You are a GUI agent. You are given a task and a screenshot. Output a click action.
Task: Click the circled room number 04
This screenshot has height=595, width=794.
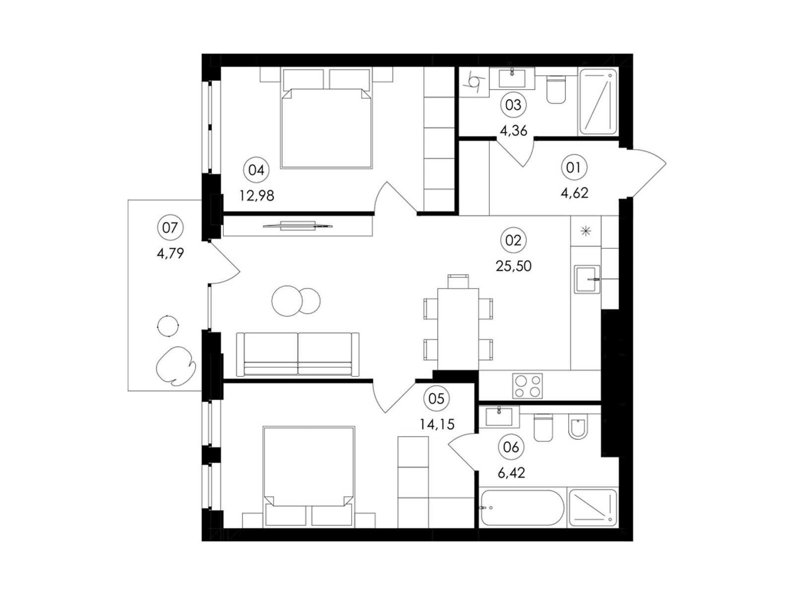[257, 170]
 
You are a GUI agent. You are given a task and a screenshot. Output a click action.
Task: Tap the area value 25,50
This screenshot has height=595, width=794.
[513, 266]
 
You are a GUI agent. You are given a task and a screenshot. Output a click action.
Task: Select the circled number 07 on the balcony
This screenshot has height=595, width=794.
[170, 228]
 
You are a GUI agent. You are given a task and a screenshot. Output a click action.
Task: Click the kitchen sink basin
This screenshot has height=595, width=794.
[587, 279]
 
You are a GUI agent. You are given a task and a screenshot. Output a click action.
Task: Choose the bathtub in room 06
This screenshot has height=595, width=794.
[522, 508]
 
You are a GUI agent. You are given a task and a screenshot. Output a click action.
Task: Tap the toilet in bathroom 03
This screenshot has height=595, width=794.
[556, 89]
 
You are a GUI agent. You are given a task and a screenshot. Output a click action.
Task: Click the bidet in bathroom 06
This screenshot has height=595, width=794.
[578, 426]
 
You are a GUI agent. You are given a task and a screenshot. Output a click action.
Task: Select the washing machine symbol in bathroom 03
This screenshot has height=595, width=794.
[474, 82]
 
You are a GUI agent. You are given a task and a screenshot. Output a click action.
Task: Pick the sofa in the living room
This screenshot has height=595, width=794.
[298, 354]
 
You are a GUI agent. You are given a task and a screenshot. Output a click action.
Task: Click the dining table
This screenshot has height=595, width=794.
[458, 329]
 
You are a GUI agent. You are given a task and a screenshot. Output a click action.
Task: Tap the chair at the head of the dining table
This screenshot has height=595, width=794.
[458, 281]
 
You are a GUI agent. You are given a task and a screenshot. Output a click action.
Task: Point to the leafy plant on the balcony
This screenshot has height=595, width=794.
[176, 365]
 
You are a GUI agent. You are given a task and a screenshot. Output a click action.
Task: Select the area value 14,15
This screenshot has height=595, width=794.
[437, 424]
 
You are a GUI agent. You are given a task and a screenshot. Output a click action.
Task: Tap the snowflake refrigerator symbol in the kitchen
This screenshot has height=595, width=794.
[585, 231]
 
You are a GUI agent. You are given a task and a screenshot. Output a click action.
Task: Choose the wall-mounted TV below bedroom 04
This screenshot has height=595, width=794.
[298, 226]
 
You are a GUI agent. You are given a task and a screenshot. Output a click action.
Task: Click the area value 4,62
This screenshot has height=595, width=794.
[575, 193]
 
